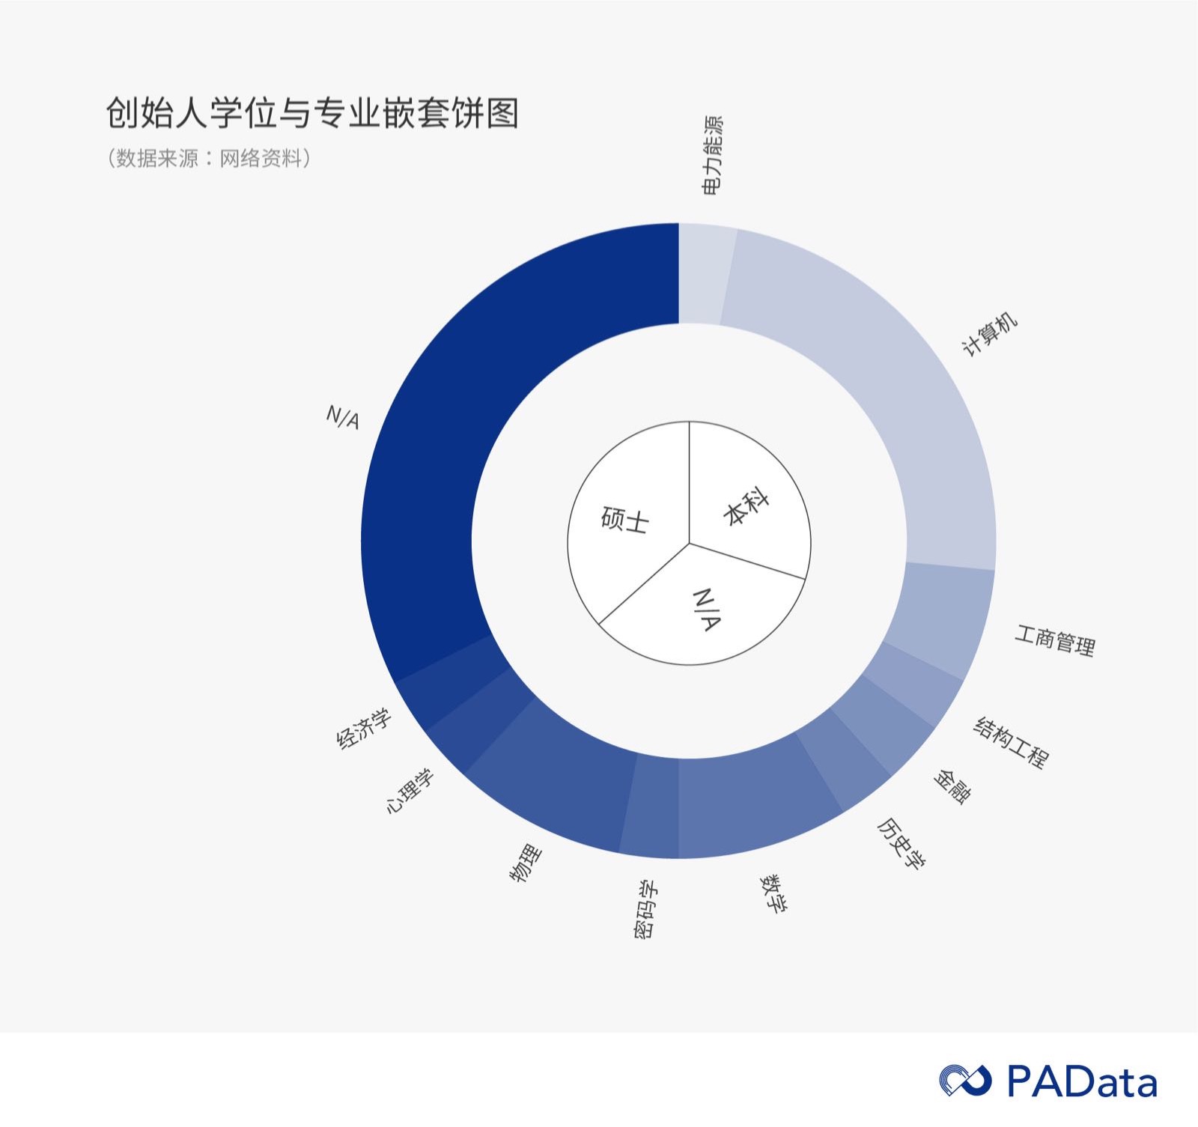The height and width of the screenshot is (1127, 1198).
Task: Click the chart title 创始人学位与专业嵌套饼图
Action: [x=311, y=114]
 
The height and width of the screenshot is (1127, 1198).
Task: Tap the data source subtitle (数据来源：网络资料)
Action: [x=209, y=158]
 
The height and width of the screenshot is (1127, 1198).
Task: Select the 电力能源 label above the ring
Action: [x=712, y=156]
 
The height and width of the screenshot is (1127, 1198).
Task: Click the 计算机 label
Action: [x=989, y=335]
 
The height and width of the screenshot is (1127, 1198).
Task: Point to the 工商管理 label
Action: [x=1054, y=640]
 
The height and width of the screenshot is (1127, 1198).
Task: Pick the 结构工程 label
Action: [x=1011, y=742]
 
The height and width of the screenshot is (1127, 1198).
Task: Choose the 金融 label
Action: [x=952, y=786]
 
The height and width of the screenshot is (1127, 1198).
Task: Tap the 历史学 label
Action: [x=901, y=842]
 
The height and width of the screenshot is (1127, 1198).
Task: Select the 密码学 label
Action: [x=645, y=909]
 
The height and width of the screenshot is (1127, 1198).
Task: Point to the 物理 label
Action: [x=526, y=863]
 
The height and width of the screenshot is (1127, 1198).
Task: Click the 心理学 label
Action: [x=409, y=792]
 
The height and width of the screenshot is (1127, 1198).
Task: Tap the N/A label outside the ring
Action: [x=343, y=417]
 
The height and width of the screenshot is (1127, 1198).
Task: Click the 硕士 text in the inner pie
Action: [x=624, y=520]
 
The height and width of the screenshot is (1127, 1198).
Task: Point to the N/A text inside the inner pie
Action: [x=707, y=610]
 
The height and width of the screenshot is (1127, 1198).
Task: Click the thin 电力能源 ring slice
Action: [x=705, y=273]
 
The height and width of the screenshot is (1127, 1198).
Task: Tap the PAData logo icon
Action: [x=965, y=1081]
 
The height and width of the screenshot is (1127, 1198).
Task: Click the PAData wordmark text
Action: [x=1081, y=1081]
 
